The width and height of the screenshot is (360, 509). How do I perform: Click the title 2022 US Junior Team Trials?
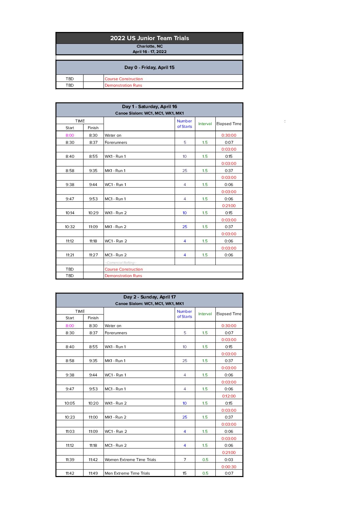coord(149,38)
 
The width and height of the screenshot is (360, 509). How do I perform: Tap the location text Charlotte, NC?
coord(149,46)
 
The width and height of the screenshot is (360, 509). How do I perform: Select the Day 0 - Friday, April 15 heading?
coord(149,67)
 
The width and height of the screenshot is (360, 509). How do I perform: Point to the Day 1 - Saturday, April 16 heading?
coord(149,106)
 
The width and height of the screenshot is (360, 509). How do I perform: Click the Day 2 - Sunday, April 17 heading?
coord(149,297)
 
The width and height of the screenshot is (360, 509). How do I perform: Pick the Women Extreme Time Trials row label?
coord(130,460)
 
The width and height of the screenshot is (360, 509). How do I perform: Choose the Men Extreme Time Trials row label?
coord(127,473)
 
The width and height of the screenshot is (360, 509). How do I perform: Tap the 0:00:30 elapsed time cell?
coord(229,467)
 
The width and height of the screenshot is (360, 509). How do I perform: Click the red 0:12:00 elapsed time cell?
coord(229,396)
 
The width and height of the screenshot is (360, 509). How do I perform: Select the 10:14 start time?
coord(70,213)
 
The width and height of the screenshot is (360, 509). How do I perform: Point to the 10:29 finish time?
coord(93,213)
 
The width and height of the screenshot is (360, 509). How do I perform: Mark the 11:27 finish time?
coord(93,255)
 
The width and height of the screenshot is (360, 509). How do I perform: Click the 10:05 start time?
coord(70,403)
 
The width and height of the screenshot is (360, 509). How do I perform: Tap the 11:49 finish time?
coord(93,473)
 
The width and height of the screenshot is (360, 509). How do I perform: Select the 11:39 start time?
coord(70,460)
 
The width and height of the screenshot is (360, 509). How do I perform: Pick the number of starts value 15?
coord(184,473)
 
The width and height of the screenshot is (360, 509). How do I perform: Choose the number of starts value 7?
coord(185,460)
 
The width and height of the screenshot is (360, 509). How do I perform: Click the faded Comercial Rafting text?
coord(120,262)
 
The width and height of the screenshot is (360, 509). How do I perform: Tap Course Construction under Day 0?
coord(124,79)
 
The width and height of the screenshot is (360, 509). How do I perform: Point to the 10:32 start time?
coord(70,227)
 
